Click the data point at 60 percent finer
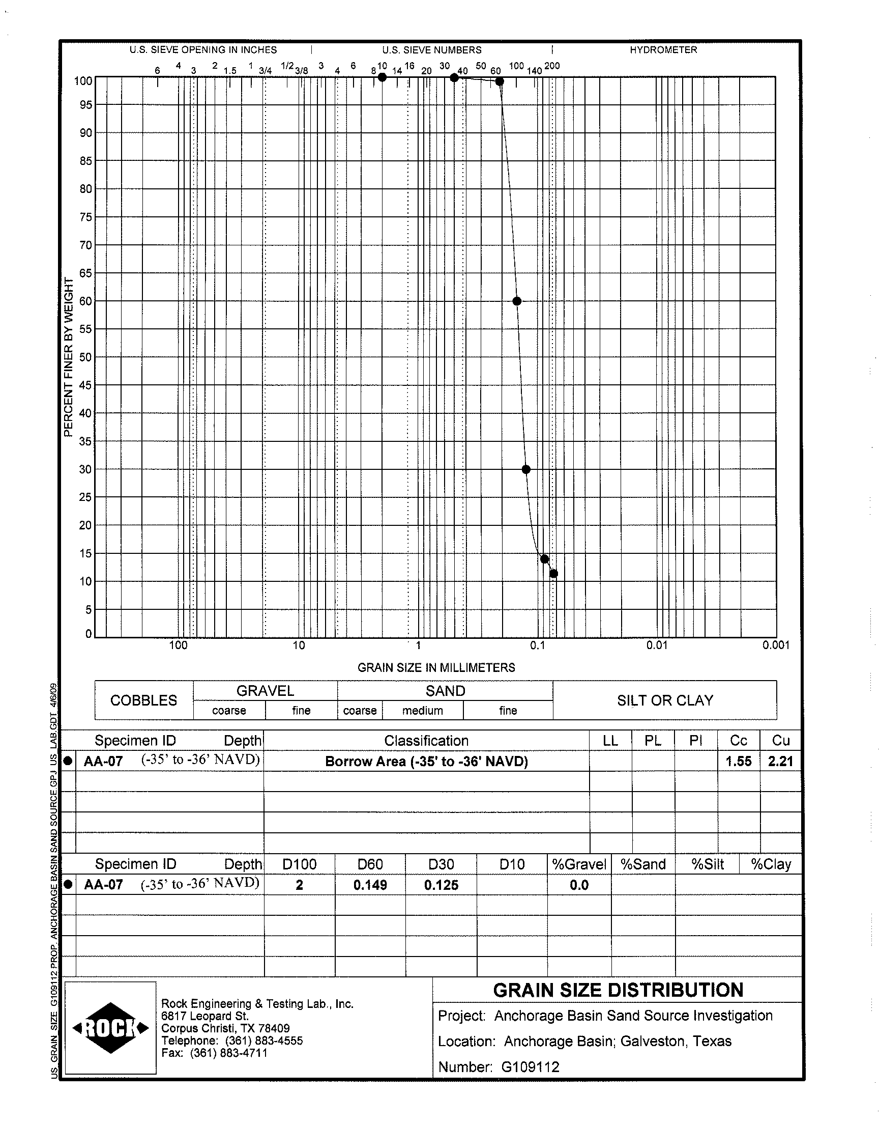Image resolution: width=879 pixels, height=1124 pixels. click(517, 301)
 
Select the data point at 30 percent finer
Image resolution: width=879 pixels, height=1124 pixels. click(526, 469)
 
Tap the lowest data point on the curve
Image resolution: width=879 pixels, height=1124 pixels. click(554, 574)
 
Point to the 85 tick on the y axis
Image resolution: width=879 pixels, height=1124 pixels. click(85, 161)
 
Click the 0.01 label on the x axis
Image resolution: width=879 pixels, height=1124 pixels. click(657, 645)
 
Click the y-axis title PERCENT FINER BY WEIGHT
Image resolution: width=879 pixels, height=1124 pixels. click(69, 357)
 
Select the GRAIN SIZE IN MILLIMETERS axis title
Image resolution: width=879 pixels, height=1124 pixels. click(436, 667)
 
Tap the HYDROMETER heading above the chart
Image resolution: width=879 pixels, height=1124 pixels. click(663, 50)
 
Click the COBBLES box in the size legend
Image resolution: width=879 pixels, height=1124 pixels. click(143, 700)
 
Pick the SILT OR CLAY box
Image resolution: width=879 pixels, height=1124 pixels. click(665, 700)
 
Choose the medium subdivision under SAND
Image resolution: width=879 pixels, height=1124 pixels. click(423, 711)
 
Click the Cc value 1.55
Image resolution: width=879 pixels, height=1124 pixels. click(739, 761)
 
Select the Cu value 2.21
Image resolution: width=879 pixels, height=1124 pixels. click(780, 761)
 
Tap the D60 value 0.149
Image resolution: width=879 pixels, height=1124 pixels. click(370, 885)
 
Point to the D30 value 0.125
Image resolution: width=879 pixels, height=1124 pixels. click(441, 885)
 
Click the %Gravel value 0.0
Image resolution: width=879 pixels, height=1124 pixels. click(579, 885)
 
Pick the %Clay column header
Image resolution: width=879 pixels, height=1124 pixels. click(771, 864)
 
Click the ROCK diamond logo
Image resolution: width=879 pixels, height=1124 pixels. click(111, 1028)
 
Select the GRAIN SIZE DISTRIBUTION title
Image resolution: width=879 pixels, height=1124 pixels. click(618, 990)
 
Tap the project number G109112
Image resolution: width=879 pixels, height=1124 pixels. click(530, 1066)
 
